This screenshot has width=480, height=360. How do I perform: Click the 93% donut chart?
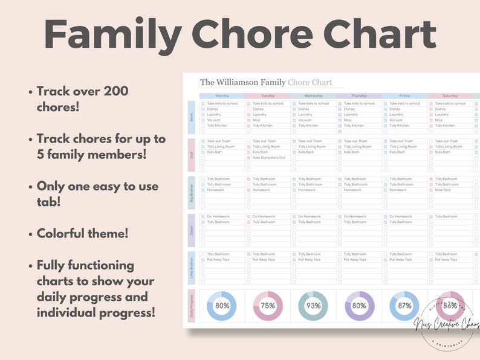tap(313, 306)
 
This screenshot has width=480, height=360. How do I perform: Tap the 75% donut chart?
tap(267, 306)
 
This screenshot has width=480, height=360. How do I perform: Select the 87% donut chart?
tap(404, 306)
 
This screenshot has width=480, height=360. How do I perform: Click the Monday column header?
tap(222, 95)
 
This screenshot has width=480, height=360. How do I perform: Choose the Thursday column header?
tap(359, 95)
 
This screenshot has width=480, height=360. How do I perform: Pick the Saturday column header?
tap(450, 95)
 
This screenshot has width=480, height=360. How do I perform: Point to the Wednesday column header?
tap(313, 95)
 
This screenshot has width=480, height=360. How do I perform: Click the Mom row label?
tap(192, 117)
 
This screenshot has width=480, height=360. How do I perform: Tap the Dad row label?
tap(192, 155)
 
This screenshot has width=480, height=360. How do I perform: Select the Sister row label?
tap(192, 230)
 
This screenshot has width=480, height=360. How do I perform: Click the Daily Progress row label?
tap(192, 306)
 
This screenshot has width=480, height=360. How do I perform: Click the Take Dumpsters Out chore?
tap(269, 158)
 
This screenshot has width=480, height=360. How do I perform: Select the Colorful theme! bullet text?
tap(82, 233)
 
